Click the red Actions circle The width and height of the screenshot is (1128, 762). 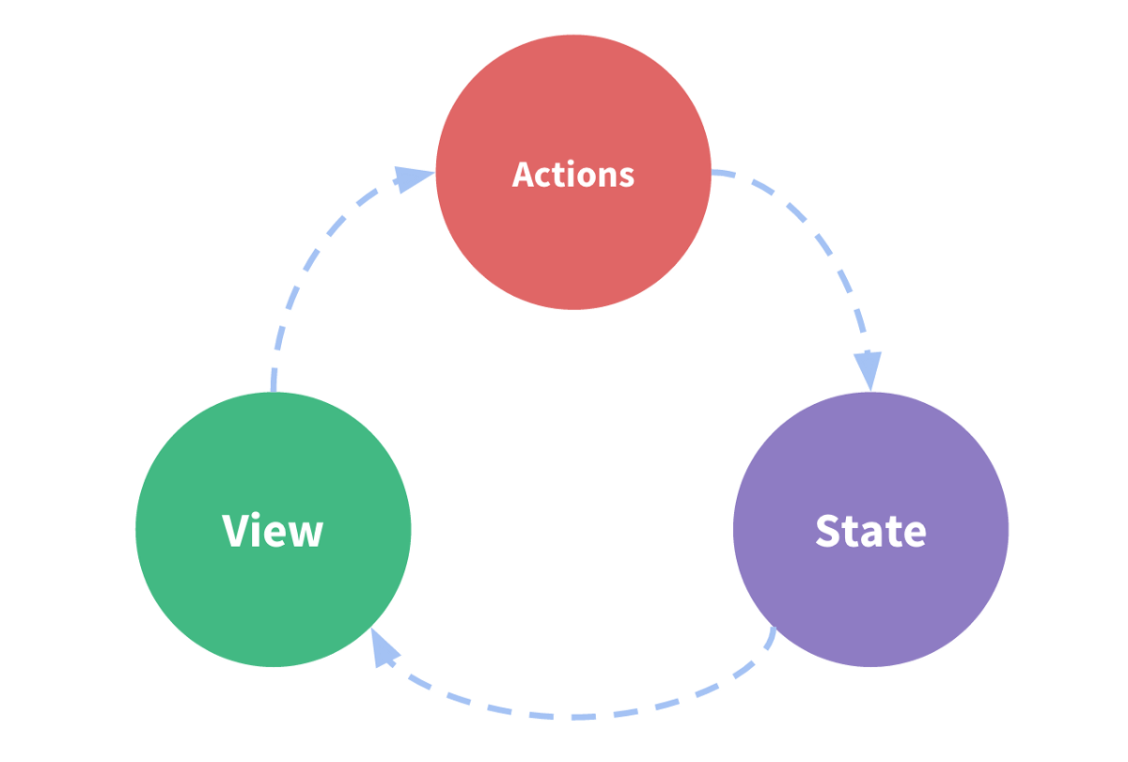[x=573, y=235]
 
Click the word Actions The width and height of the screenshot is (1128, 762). [x=573, y=175]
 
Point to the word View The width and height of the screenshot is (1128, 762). [x=273, y=531]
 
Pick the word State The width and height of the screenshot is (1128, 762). [x=870, y=531]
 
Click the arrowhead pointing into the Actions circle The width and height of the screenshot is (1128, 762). [x=414, y=178]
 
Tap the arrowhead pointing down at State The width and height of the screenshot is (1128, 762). [x=869, y=370]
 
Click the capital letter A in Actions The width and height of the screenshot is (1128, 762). [x=524, y=175]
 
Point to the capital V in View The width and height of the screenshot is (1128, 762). [x=239, y=531]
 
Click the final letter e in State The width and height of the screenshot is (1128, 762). [x=914, y=534]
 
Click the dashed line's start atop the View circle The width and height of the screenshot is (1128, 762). [x=274, y=385]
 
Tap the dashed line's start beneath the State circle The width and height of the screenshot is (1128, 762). [x=774, y=631]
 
